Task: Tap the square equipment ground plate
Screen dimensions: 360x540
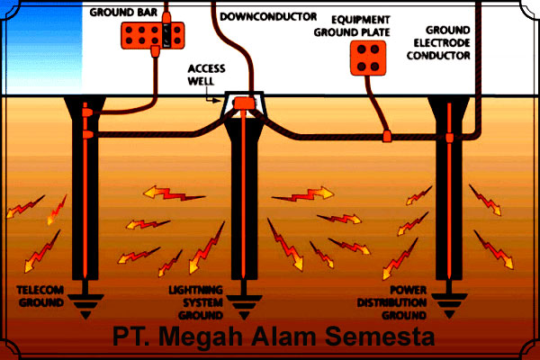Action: [368, 58]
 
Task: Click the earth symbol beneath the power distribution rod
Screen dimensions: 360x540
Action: [447, 308]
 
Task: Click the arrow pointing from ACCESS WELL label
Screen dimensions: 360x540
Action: [216, 99]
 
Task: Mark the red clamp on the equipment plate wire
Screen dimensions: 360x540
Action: [388, 136]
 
